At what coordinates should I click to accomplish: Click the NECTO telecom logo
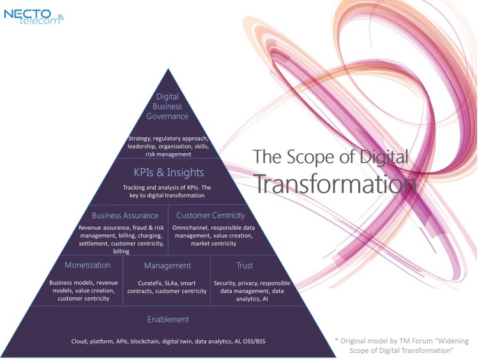pos(34,17)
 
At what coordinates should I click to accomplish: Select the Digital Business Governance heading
pos(167,106)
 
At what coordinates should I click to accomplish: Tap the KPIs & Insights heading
pos(169,172)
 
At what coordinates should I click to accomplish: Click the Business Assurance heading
pos(125,216)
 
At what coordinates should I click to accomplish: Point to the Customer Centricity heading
pos(211,216)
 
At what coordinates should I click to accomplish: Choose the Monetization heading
pos(87,265)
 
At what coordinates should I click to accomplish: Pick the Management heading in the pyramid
pos(167,266)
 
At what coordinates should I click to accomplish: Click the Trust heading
pos(245,266)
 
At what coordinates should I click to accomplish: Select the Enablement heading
pos(168,319)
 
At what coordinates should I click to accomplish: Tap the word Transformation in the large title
pos(335,184)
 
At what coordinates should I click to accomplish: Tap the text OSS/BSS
pos(254,341)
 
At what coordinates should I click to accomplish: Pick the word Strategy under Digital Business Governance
pos(139,139)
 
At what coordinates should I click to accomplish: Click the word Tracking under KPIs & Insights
pos(134,188)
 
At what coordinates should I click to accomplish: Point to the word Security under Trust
pos(225,283)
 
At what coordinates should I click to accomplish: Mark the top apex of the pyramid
pos(168,69)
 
